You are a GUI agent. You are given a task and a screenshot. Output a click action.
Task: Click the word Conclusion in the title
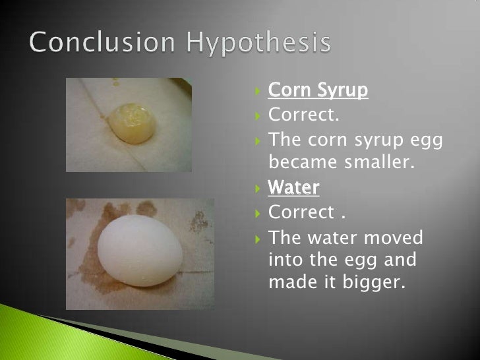tap(103, 44)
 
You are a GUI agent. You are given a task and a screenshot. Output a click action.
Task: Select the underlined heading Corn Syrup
tap(318, 90)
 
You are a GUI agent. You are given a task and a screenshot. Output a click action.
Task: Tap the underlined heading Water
tap(293, 188)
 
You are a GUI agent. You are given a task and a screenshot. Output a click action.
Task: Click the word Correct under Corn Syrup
tap(303, 115)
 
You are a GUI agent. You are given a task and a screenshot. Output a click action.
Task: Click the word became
tap(300, 163)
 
